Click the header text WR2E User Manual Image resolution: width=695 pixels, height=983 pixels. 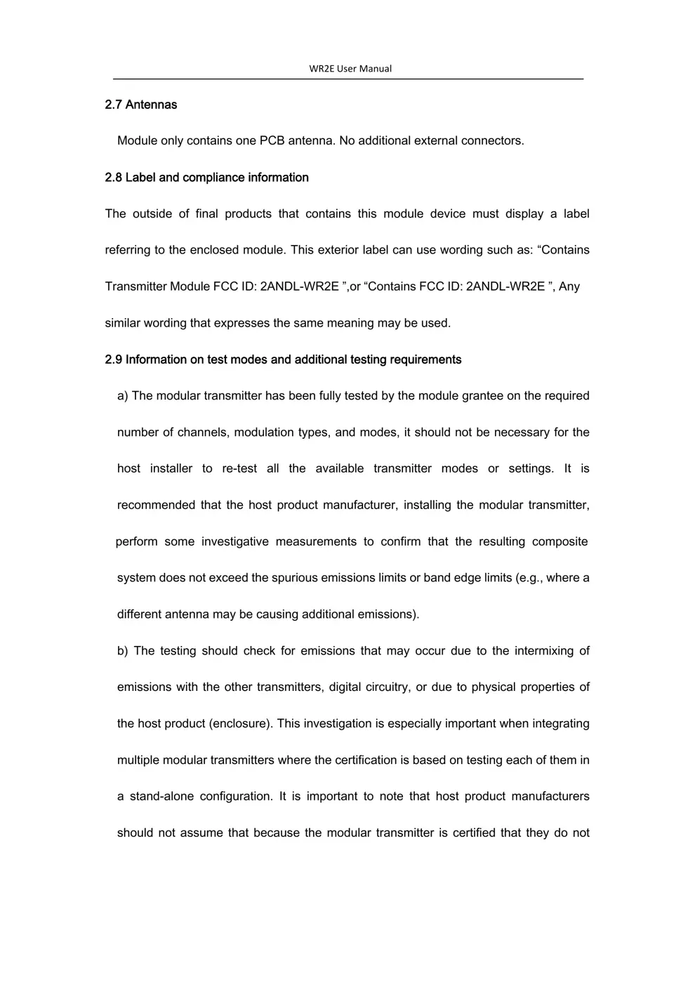pyautogui.click(x=350, y=69)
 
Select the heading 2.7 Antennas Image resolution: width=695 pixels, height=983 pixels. pyautogui.click(x=140, y=105)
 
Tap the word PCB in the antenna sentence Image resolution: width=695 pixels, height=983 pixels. pyautogui.click(x=272, y=140)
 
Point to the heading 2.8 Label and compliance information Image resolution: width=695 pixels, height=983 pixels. pyautogui.click(x=206, y=178)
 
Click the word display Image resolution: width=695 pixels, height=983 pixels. pyautogui.click(x=524, y=213)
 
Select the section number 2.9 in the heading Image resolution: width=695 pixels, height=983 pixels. pyautogui.click(x=114, y=359)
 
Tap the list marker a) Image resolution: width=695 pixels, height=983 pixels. pyautogui.click(x=123, y=396)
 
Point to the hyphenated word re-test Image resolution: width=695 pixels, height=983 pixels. pyautogui.click(x=239, y=469)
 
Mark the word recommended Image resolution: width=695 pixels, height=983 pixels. pyautogui.click(x=156, y=506)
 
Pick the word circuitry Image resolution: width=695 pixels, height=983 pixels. pyautogui.click(x=387, y=687)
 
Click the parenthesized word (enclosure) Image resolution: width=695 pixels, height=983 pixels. pyautogui.click(x=241, y=724)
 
